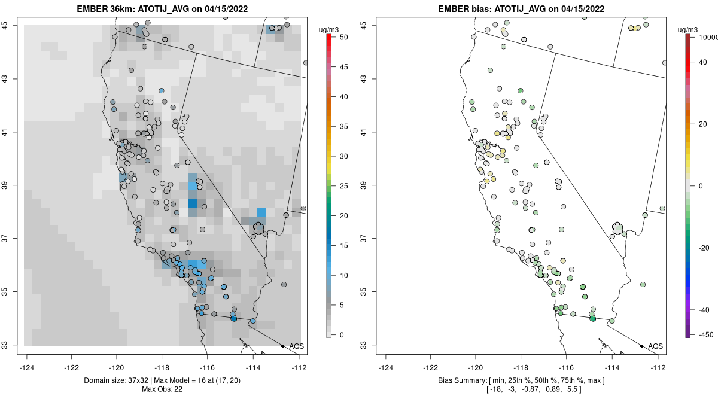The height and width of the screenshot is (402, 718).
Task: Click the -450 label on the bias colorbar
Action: coord(702,334)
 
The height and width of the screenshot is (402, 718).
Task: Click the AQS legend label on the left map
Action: coord(296,346)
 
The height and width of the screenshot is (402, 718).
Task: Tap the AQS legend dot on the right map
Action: coord(641,346)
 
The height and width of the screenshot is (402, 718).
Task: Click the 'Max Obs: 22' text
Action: coord(162,389)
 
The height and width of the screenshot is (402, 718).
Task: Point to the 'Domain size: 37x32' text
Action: coord(107,380)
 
